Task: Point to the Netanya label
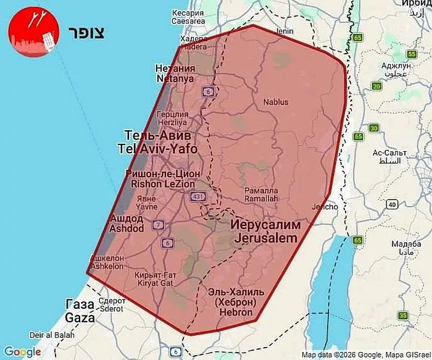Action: (x=175, y=73)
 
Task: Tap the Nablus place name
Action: (x=276, y=102)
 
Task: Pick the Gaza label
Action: (x=80, y=312)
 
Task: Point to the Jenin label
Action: (x=284, y=30)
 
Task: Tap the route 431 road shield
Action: (x=197, y=196)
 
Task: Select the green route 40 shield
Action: (x=391, y=204)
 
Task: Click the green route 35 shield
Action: (x=403, y=316)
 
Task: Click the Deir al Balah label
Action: (x=44, y=335)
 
